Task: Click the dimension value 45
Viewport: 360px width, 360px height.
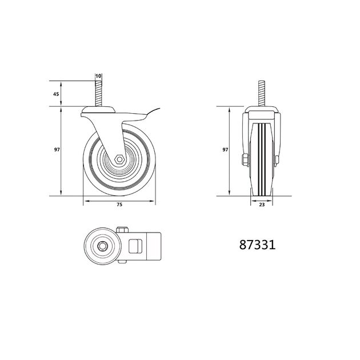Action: click(x=56, y=94)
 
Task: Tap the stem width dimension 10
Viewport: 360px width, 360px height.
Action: click(x=98, y=76)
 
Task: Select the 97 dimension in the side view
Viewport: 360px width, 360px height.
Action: click(x=57, y=150)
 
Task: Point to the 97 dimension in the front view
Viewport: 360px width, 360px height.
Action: click(x=225, y=150)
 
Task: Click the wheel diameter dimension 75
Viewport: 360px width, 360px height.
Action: click(x=119, y=205)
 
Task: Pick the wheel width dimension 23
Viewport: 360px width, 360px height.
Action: click(x=262, y=205)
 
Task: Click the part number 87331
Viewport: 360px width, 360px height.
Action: click(x=257, y=245)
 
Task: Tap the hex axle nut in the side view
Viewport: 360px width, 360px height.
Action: click(x=119, y=159)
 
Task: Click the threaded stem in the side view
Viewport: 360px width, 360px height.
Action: click(x=98, y=94)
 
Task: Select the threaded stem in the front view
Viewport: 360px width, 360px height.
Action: click(x=262, y=94)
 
